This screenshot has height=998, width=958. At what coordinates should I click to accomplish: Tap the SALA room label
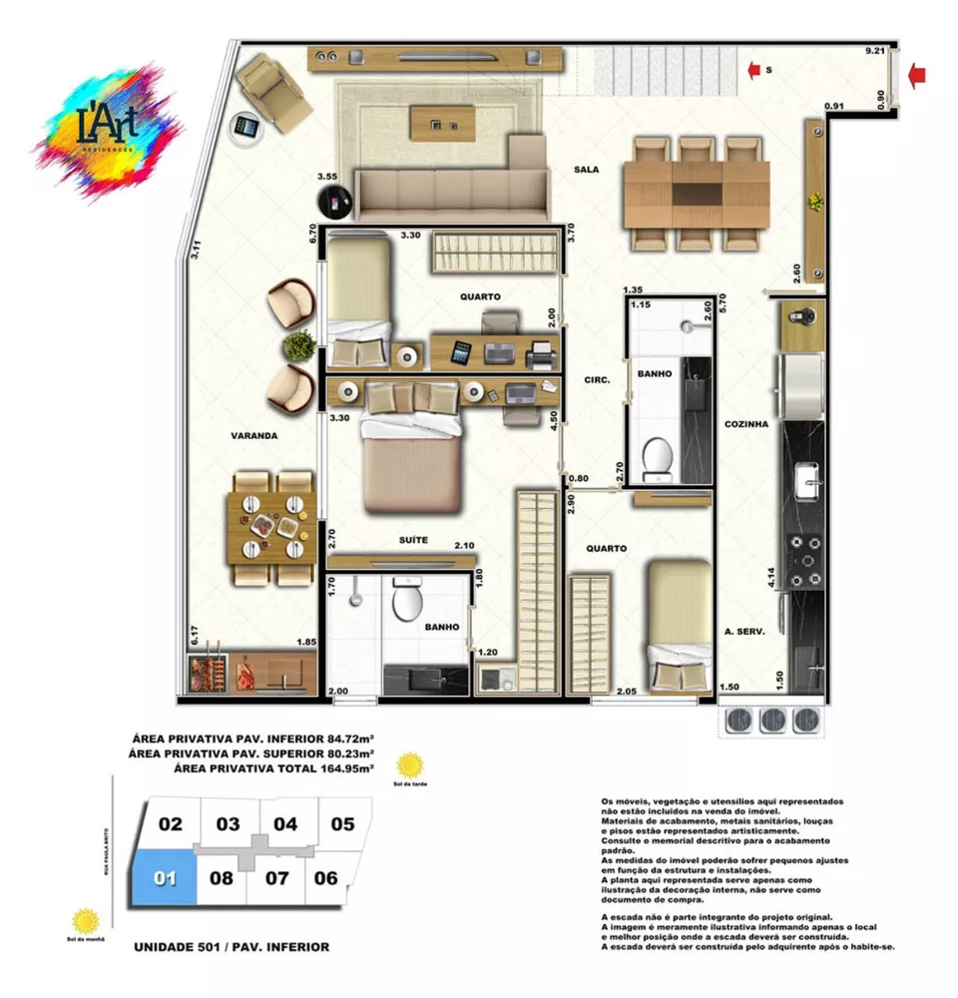586,170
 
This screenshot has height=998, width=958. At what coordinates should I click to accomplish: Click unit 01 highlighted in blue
166,879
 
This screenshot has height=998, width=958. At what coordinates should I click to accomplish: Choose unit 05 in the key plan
342,824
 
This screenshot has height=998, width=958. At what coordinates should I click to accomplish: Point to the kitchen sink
806,482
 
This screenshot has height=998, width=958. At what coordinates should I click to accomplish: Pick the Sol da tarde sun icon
409,766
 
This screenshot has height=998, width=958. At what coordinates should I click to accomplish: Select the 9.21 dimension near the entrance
875,49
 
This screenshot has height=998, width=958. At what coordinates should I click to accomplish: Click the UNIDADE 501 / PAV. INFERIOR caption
231,946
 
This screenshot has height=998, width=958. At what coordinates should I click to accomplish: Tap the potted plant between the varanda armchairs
298,346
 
